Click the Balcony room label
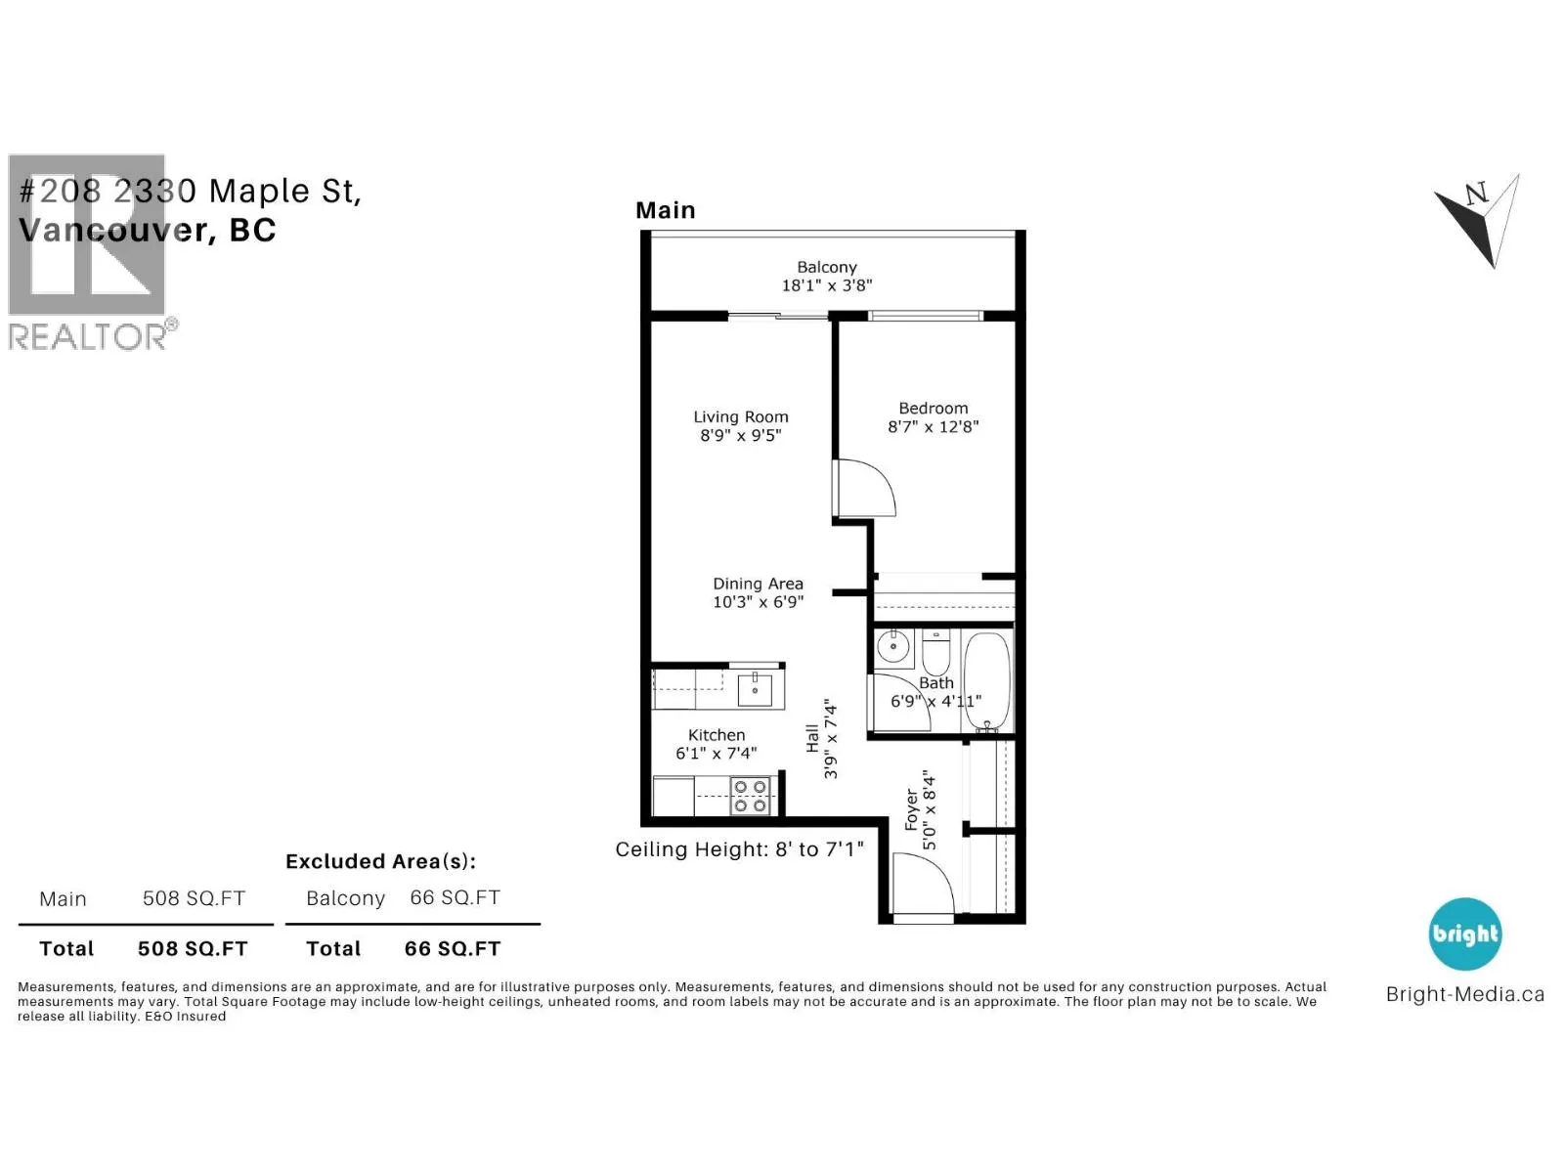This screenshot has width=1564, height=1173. [827, 267]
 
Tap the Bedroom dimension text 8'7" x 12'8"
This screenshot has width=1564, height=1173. [933, 426]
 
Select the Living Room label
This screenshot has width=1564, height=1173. [741, 416]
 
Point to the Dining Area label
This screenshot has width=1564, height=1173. [759, 584]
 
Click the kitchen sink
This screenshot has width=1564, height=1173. [754, 689]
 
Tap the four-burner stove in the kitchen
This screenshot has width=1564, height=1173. [751, 796]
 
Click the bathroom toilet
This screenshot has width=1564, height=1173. [935, 651]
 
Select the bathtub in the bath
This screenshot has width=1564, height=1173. [987, 681]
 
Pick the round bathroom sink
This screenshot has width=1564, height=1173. [892, 647]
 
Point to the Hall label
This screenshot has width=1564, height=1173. [812, 738]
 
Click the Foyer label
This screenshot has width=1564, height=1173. [911, 809]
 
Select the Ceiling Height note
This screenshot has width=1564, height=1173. [740, 848]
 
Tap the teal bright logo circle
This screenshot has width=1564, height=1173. [1465, 934]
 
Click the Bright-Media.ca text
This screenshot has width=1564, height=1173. [1465, 994]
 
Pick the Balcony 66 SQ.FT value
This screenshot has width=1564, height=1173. [455, 897]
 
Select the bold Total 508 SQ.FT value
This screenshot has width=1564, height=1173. [193, 948]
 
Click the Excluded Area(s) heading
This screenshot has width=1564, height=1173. [380, 862]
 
